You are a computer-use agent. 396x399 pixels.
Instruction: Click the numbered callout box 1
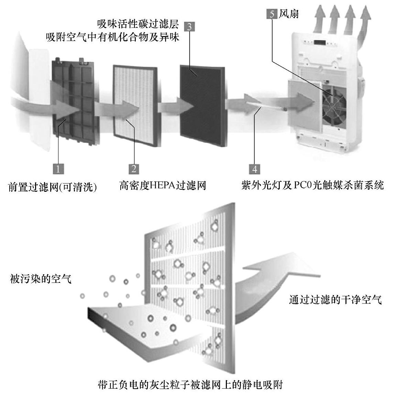[58, 169]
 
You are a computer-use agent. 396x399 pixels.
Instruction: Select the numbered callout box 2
[134, 169]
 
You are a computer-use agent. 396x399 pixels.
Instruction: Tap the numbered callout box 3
[189, 27]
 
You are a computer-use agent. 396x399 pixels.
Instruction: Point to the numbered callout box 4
[254, 169]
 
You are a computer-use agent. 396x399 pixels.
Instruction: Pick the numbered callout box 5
[272, 14]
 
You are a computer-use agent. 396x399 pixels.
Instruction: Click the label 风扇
[288, 14]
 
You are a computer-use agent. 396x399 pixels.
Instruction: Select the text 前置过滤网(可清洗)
[52, 187]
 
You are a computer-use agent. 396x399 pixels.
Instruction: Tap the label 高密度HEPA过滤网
[163, 186]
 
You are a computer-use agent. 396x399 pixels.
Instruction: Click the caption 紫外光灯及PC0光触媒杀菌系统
[312, 186]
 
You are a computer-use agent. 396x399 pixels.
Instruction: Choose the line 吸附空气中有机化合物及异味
[113, 37]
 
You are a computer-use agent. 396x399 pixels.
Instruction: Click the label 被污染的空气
[41, 279]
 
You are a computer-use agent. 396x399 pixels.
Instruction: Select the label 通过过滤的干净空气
[335, 299]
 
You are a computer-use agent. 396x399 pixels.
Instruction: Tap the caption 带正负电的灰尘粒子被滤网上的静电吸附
[190, 384]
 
